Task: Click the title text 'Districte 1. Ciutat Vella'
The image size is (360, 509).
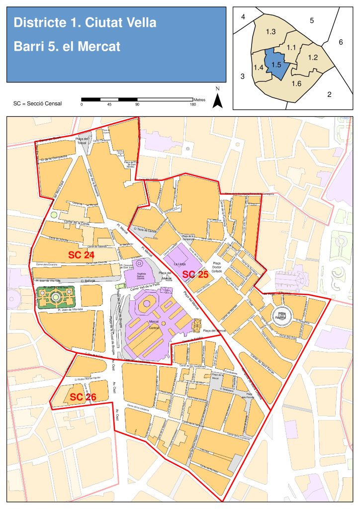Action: tap(85, 23)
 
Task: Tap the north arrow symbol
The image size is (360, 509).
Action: tap(217, 99)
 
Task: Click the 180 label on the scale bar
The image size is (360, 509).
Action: tap(193, 104)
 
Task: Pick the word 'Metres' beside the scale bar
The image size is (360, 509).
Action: tap(200, 100)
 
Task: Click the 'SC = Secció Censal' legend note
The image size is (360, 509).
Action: tap(38, 104)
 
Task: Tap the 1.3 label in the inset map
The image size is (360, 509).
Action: tap(271, 32)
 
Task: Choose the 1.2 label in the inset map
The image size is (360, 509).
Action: tap(313, 58)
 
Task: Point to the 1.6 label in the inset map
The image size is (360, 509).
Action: tap(296, 83)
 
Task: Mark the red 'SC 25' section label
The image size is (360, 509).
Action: tap(195, 274)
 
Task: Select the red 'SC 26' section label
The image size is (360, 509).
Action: tap(83, 397)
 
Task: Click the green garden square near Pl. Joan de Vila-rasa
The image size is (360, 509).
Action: tap(56, 297)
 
